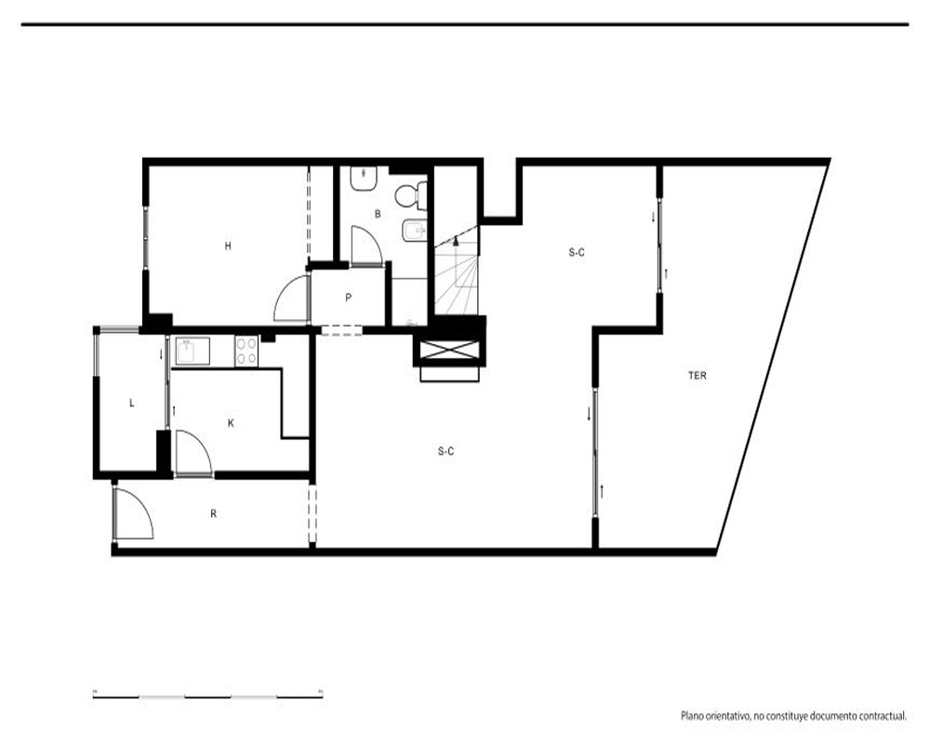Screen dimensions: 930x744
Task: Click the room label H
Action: click(228, 246)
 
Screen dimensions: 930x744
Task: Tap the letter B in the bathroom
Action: click(378, 214)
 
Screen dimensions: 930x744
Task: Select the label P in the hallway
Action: click(348, 298)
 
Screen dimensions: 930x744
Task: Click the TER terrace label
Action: click(697, 376)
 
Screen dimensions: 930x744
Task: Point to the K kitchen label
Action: click(231, 423)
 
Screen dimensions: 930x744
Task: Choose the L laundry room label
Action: click(132, 403)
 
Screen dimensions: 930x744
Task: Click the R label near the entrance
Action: click(214, 513)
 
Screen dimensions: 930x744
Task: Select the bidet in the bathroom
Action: click(414, 231)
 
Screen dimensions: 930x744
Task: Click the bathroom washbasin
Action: click(364, 179)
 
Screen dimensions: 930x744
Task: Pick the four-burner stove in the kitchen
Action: click(246, 352)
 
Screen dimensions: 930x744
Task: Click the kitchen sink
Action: click(191, 352)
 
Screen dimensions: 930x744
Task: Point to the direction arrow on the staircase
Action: click(456, 240)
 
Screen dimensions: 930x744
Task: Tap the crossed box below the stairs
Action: click(449, 350)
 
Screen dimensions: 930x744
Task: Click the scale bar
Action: click(207, 696)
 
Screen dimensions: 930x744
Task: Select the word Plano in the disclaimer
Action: click(692, 716)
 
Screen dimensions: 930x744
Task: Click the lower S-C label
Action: click(446, 451)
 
